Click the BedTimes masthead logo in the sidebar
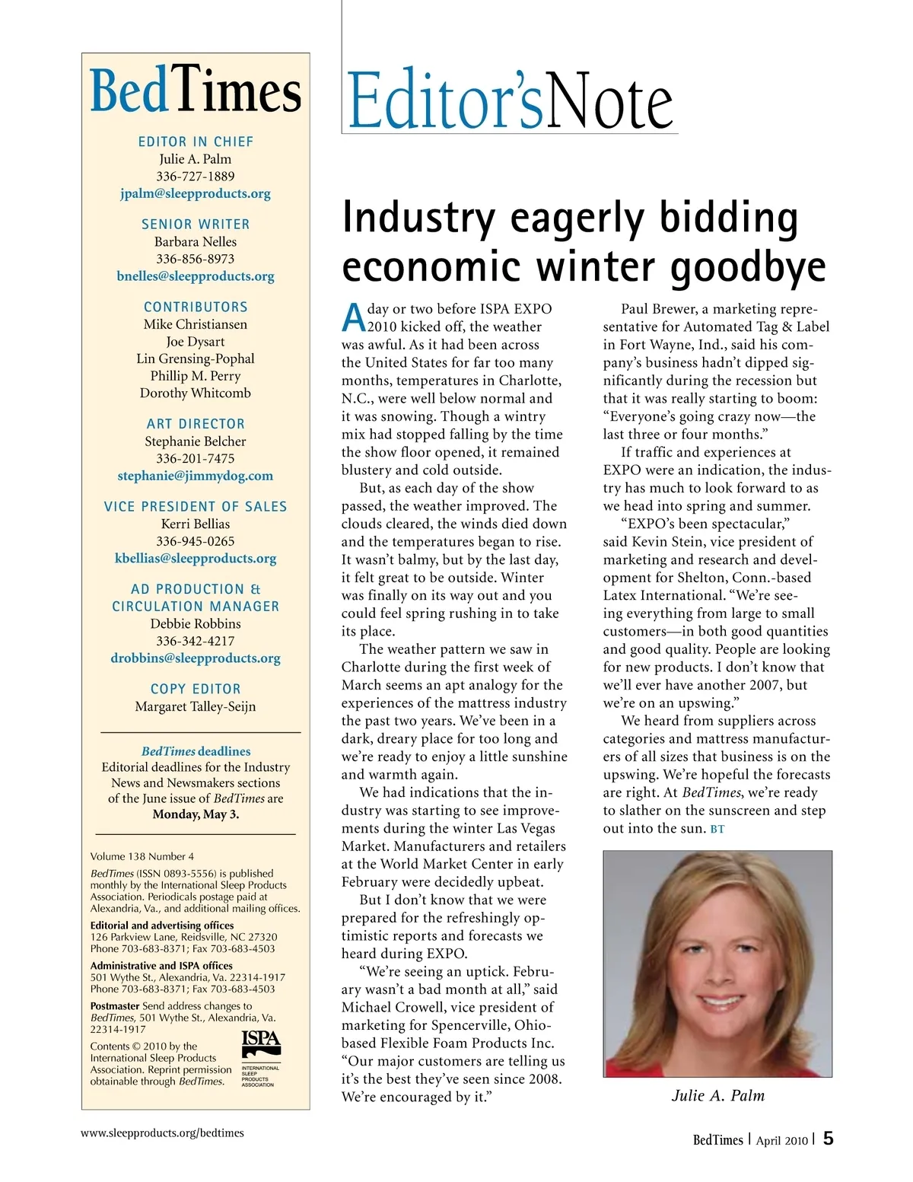(196, 92)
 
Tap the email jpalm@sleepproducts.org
(196, 193)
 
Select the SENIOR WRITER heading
(196, 224)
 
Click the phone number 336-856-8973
(196, 259)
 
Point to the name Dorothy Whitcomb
(196, 393)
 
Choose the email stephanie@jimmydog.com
(196, 476)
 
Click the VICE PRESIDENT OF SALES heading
(196, 506)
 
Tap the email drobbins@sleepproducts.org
(196, 658)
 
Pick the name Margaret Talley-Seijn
(196, 706)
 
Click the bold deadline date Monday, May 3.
(196, 814)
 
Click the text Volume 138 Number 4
(142, 856)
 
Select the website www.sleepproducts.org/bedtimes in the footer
(163, 1133)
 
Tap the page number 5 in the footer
(828, 1139)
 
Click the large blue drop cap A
(353, 317)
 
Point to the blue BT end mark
(717, 829)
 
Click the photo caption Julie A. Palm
(717, 1095)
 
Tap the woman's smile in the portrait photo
(718, 1004)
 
